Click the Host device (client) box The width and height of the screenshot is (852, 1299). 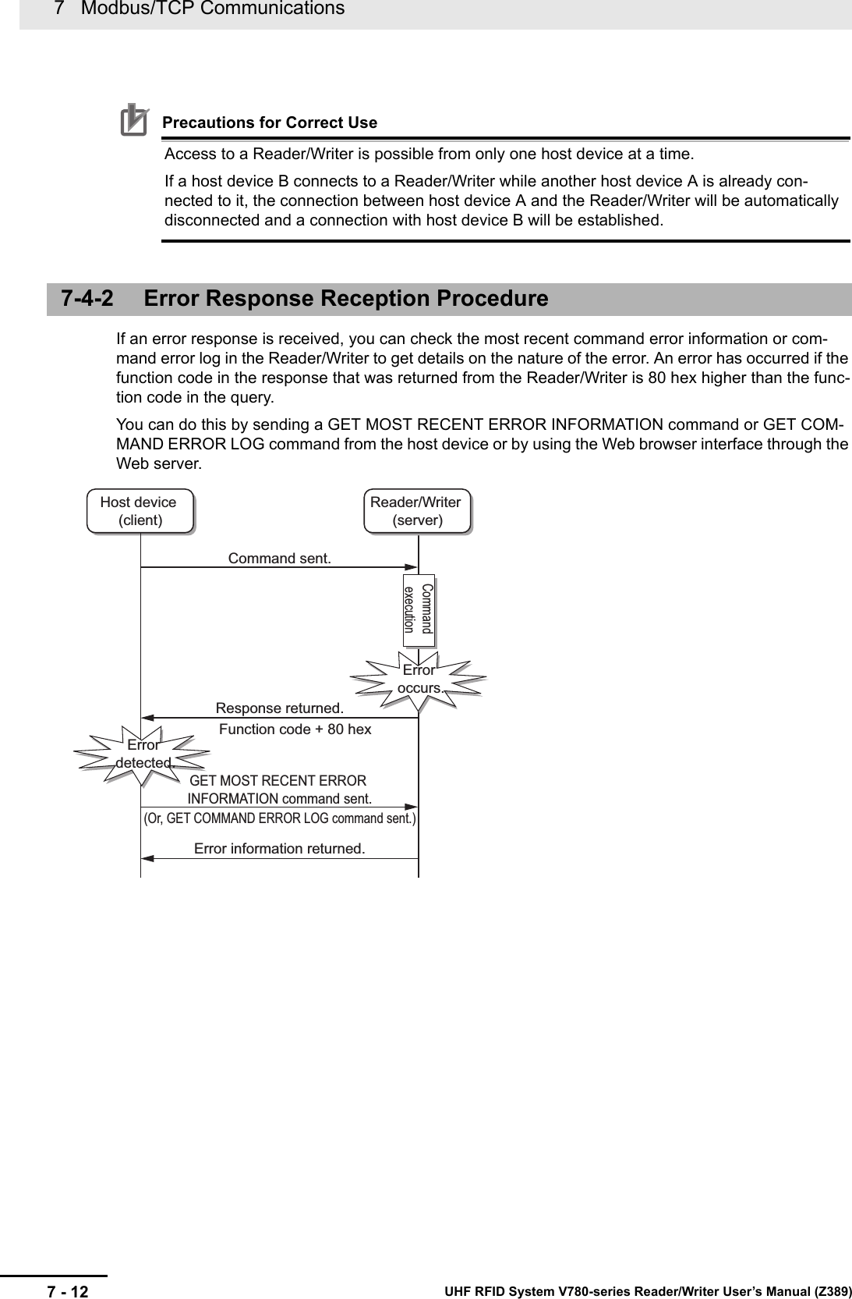pos(140,511)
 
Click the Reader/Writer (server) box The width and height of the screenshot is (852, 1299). pos(416,511)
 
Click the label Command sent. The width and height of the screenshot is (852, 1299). pos(279,559)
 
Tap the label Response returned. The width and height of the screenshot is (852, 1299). pos(279,708)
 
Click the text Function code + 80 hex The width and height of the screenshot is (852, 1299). pos(295,729)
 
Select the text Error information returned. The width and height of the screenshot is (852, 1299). pos(279,848)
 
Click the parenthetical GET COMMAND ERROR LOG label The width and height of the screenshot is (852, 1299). pos(279,818)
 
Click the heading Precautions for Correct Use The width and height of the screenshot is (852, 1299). pos(269,123)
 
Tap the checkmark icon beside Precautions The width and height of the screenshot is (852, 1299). pos(134,121)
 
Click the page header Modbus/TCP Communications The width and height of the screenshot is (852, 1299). pos(210,9)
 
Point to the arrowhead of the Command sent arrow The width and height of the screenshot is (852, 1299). pos(414,567)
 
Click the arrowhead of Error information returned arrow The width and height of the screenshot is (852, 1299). pos(146,859)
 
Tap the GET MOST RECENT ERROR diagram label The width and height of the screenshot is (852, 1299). pos(278,781)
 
